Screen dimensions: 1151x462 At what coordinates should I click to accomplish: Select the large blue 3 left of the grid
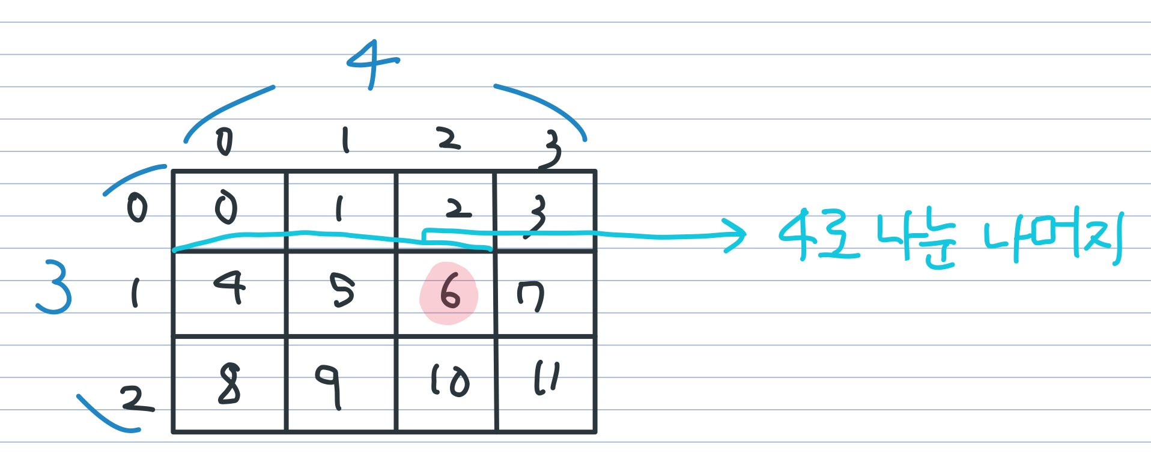click(x=54, y=287)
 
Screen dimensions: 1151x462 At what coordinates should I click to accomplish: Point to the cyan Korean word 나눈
click(x=916, y=240)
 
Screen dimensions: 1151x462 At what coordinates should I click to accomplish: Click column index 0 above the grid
click(x=224, y=142)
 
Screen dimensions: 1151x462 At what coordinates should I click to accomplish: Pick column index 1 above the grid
click(x=345, y=141)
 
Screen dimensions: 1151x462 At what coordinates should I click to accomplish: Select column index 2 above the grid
click(x=448, y=139)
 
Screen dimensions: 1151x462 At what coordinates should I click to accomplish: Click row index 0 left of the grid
click(x=137, y=208)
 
